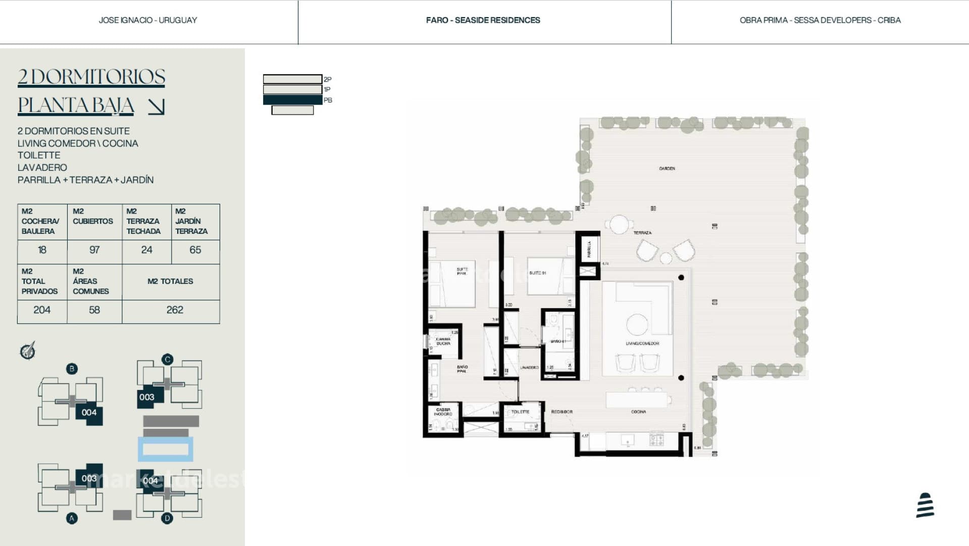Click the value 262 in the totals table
[x=175, y=310]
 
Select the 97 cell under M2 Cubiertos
[x=94, y=250]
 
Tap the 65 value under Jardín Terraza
[x=195, y=250]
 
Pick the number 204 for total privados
[x=42, y=310]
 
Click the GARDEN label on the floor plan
[x=667, y=169]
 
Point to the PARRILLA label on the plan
[x=589, y=249]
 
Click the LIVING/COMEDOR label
[x=642, y=343]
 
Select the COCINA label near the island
[x=638, y=412]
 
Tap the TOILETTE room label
[x=520, y=412]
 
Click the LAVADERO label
[x=529, y=368]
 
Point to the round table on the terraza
[x=619, y=224]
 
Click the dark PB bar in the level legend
[x=292, y=100]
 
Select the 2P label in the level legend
[x=328, y=79]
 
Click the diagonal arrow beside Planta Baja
[x=156, y=107]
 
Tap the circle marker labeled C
[x=168, y=360]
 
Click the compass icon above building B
[x=28, y=351]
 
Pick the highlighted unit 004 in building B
[x=89, y=413]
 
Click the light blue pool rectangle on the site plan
[x=166, y=449]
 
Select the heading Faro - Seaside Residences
[x=483, y=20]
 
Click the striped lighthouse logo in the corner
[x=925, y=506]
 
